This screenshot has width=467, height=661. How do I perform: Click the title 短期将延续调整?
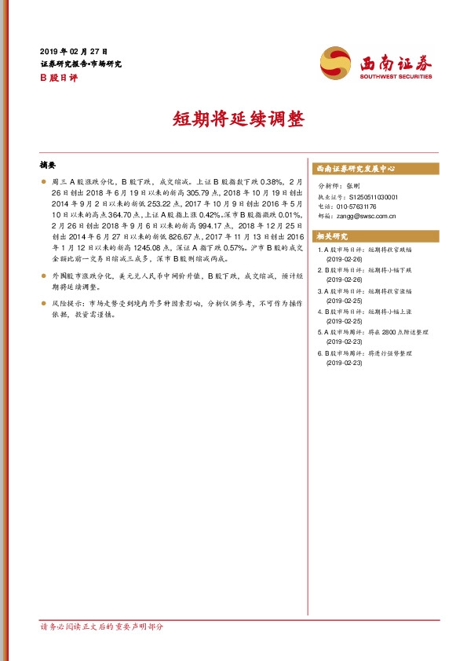coord(233,119)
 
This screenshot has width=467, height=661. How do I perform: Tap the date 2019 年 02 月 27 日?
coord(75,49)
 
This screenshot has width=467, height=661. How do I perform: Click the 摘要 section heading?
coord(48,166)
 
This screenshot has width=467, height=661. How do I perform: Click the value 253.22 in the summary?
coord(157,202)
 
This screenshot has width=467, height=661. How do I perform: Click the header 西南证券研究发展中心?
coord(355,169)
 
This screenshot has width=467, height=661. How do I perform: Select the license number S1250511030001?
coord(370,197)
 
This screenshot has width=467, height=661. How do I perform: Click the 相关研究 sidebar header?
coord(330,236)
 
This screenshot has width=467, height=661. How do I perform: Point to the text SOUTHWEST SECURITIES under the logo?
coord(396,77)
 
